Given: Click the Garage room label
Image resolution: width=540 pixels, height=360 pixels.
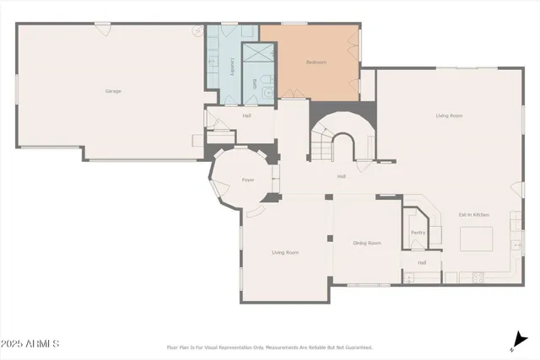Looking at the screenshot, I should [112, 91].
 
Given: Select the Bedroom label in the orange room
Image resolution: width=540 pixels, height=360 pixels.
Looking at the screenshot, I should [316, 62].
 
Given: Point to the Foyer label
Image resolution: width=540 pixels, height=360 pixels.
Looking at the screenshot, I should [248, 180].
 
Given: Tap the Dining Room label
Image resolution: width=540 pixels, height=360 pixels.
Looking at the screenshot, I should [367, 243].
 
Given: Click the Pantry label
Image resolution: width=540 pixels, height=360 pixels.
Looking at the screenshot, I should [417, 233].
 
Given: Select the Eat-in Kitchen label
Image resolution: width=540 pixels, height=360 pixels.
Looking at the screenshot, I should [474, 215].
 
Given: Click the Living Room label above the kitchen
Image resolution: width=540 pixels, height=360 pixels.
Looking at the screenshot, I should [448, 116].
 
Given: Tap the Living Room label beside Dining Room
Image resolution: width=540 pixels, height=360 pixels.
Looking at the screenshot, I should [285, 252].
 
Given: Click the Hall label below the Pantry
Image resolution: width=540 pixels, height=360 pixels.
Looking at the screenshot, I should [421, 262].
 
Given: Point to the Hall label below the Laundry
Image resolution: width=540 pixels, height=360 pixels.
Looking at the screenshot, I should [246, 116].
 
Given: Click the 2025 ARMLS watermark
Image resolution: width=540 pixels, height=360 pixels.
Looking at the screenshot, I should [30, 345].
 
